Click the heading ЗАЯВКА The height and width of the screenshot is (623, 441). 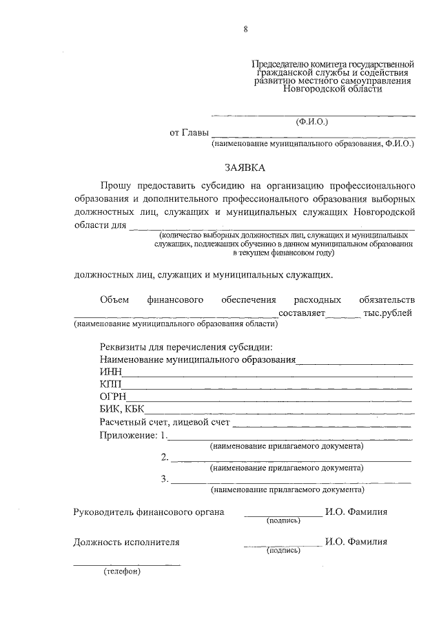[245, 167]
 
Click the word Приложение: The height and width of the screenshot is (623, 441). [129, 435]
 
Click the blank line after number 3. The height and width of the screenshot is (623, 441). [290, 481]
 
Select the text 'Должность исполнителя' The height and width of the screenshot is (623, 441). [127, 542]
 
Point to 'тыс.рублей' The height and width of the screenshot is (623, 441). [388, 313]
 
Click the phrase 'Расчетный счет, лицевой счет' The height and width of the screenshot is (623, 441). [164, 422]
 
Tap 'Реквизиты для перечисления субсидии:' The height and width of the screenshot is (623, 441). [185, 346]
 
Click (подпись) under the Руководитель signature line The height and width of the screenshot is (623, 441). [283, 520]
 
